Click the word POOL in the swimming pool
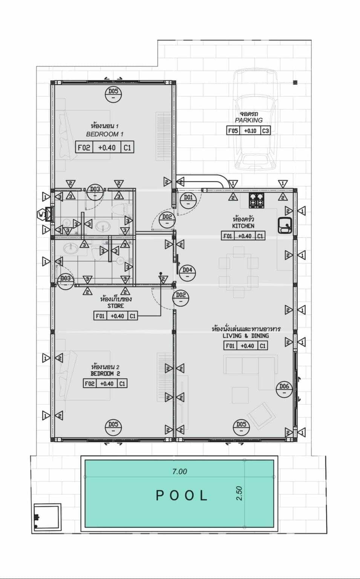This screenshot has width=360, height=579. point(182,495)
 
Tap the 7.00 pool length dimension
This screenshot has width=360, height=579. point(179,471)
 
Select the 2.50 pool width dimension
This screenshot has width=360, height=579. point(239,493)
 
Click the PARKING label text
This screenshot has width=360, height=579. point(249,120)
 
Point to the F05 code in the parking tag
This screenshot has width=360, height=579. point(233,131)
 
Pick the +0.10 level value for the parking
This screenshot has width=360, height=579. point(250,131)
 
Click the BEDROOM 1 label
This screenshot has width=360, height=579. point(105,134)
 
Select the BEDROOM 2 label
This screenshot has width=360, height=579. point(105,374)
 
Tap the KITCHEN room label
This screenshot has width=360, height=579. point(243,226)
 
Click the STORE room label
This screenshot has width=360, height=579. point(115,306)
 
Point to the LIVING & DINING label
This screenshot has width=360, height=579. point(245,335)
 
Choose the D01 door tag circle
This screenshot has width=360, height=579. point(188,200)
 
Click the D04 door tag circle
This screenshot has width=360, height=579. point(187,273)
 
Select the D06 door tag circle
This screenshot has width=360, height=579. point(284,389)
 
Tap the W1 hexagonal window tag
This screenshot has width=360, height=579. point(41,215)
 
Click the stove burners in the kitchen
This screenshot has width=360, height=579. point(256,200)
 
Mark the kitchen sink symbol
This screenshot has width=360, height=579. point(284,225)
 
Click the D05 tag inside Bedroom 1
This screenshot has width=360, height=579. point(113,94)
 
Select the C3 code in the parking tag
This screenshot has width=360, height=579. point(265,131)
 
